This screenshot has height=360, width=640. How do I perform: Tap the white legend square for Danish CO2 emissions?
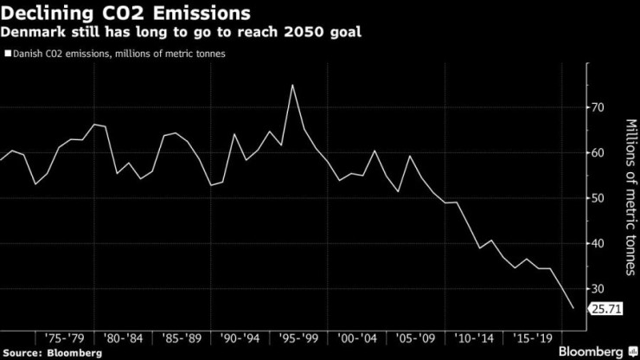tap(8, 54)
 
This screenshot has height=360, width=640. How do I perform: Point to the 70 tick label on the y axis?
tap(598, 107)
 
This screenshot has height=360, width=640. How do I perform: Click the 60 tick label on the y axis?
tap(598, 153)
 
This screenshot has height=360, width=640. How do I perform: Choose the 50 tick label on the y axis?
tap(598, 198)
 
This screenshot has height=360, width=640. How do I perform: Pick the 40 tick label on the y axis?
tap(598, 243)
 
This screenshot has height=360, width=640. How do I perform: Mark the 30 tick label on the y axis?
tap(598, 289)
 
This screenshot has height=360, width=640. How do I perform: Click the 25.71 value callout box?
tap(605, 309)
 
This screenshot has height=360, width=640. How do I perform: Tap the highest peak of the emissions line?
tap(292, 85)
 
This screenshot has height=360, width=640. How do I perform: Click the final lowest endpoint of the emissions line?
tap(573, 308)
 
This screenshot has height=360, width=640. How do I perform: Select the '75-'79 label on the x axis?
tap(64, 338)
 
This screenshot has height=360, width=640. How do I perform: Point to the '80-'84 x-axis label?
tap(123, 338)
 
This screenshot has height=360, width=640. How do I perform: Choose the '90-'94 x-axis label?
tap(240, 338)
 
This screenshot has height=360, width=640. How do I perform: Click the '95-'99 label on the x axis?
tap(298, 338)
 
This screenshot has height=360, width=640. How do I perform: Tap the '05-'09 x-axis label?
tap(415, 338)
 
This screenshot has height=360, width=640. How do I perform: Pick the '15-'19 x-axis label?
tap(532, 338)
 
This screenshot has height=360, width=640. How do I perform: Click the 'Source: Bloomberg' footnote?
tap(52, 353)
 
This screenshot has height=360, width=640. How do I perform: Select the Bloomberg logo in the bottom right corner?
tap(598, 351)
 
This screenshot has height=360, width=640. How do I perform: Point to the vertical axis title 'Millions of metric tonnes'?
tap(630, 197)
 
